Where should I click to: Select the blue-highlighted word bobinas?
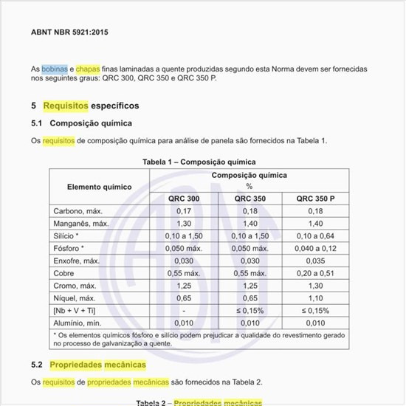pyautogui.click(x=55, y=68)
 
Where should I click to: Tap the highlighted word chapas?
pyautogui.click(x=89, y=68)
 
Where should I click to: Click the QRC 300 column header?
pyautogui.click(x=184, y=199)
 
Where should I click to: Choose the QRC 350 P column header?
pyautogui.click(x=315, y=199)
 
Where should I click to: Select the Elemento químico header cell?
pyautogui.click(x=99, y=187)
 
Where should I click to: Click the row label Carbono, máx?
pyautogui.click(x=78, y=211)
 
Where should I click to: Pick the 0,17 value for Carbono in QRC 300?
pyautogui.click(x=184, y=211)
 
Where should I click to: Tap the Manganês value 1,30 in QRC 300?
pyautogui.click(x=184, y=223)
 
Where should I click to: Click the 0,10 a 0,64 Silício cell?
pyautogui.click(x=315, y=235)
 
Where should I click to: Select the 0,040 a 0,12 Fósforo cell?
pyautogui.click(x=315, y=248)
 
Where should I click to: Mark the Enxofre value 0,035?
pyautogui.click(x=315, y=261)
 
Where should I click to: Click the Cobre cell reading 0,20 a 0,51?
pyautogui.click(x=315, y=273)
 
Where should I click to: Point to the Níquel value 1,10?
pyautogui.click(x=315, y=298)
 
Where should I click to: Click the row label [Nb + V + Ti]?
pyautogui.click(x=75, y=311)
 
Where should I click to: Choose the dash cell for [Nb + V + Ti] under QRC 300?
pyautogui.click(x=184, y=311)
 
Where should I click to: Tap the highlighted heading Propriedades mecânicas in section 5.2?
pyautogui.click(x=97, y=365)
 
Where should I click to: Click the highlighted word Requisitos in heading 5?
pyautogui.click(x=66, y=106)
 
